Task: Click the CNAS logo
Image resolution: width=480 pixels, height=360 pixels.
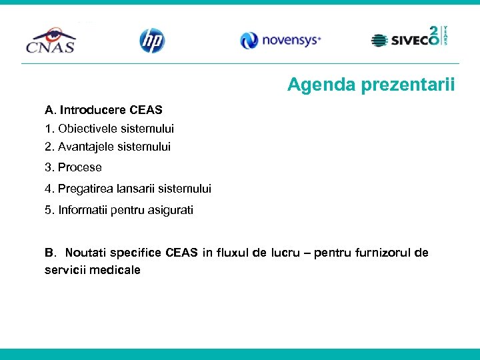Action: tap(50, 40)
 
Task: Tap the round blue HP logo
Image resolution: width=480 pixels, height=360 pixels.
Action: tap(151, 41)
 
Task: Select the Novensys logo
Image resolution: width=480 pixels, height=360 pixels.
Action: tap(281, 41)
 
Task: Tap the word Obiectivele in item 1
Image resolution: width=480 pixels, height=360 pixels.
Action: tap(87, 128)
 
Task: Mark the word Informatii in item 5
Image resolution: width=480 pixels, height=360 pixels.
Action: tap(83, 210)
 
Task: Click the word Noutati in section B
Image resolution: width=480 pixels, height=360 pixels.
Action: tap(85, 253)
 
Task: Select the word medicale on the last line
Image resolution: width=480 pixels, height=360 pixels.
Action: tap(117, 270)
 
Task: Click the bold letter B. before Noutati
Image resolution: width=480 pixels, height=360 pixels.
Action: tap(49, 253)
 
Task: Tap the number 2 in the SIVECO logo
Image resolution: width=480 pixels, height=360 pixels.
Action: tap(433, 33)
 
